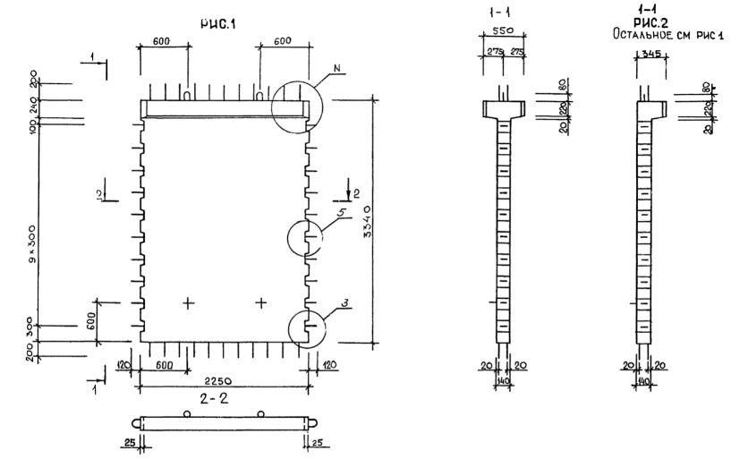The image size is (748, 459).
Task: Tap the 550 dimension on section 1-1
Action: pyautogui.click(x=503, y=30)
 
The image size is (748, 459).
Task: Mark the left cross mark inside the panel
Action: pyautogui.click(x=188, y=303)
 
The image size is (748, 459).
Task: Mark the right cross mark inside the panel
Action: pyautogui.click(x=260, y=303)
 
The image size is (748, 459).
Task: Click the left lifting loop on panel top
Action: pyautogui.click(x=187, y=94)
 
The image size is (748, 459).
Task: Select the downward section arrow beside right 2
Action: pyautogui.click(x=348, y=191)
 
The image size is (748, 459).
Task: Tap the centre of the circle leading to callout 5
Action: pyautogui.click(x=306, y=239)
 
